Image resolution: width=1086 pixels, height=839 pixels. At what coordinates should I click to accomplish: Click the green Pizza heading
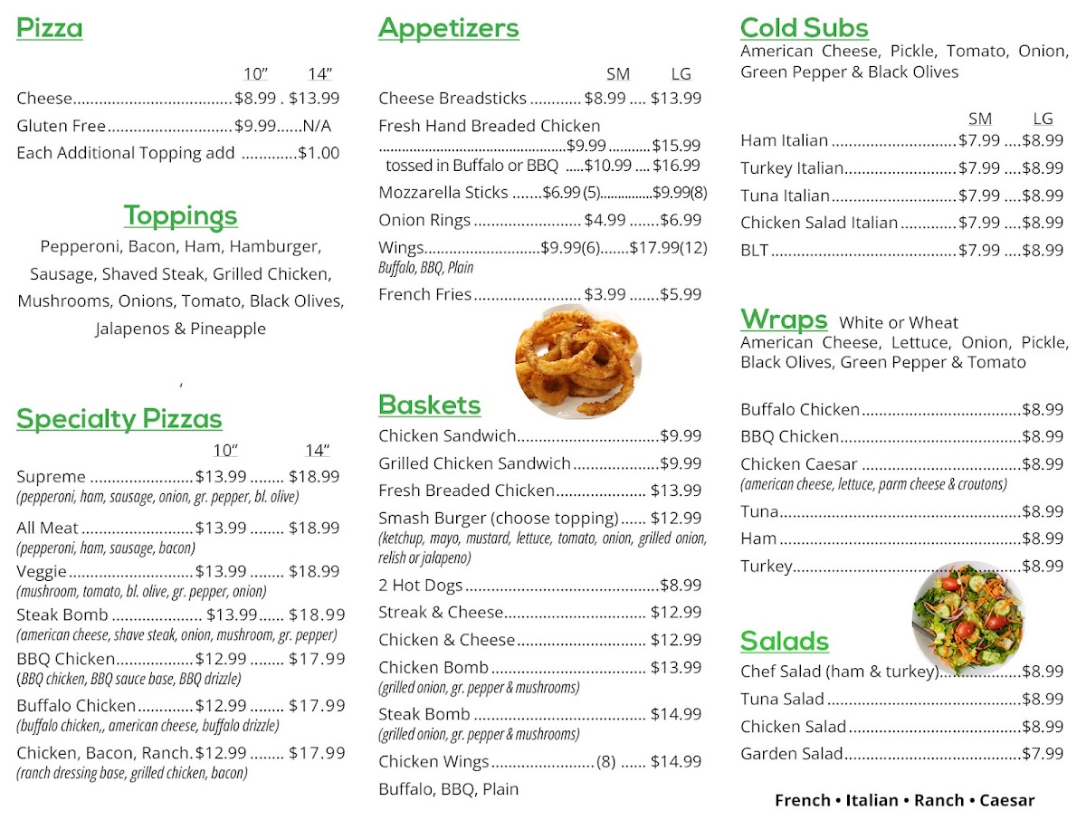click(x=50, y=28)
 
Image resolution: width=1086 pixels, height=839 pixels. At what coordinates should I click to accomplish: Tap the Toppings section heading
click(x=180, y=215)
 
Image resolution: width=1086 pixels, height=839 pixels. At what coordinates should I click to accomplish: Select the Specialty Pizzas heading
click(x=119, y=419)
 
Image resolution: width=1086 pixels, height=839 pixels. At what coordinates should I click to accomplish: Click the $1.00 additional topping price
click(x=319, y=153)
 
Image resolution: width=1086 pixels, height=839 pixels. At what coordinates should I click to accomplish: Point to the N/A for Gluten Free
click(x=317, y=126)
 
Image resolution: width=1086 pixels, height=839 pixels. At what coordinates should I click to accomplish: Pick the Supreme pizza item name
click(x=51, y=476)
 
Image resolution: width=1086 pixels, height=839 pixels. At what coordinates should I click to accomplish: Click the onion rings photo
click(x=577, y=362)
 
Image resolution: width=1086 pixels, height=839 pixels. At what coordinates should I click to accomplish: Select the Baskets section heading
click(x=429, y=405)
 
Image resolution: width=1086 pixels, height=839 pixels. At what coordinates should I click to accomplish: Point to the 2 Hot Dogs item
click(x=420, y=585)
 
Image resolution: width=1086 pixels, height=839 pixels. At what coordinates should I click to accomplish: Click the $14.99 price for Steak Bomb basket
click(x=675, y=714)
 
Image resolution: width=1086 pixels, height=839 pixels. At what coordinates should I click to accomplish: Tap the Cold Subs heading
click(x=804, y=28)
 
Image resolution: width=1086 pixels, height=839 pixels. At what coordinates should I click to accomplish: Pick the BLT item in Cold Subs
click(x=754, y=250)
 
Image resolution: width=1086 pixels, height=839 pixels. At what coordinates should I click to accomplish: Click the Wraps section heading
click(x=784, y=319)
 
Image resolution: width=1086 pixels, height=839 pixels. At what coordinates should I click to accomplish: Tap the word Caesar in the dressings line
click(x=1006, y=800)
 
